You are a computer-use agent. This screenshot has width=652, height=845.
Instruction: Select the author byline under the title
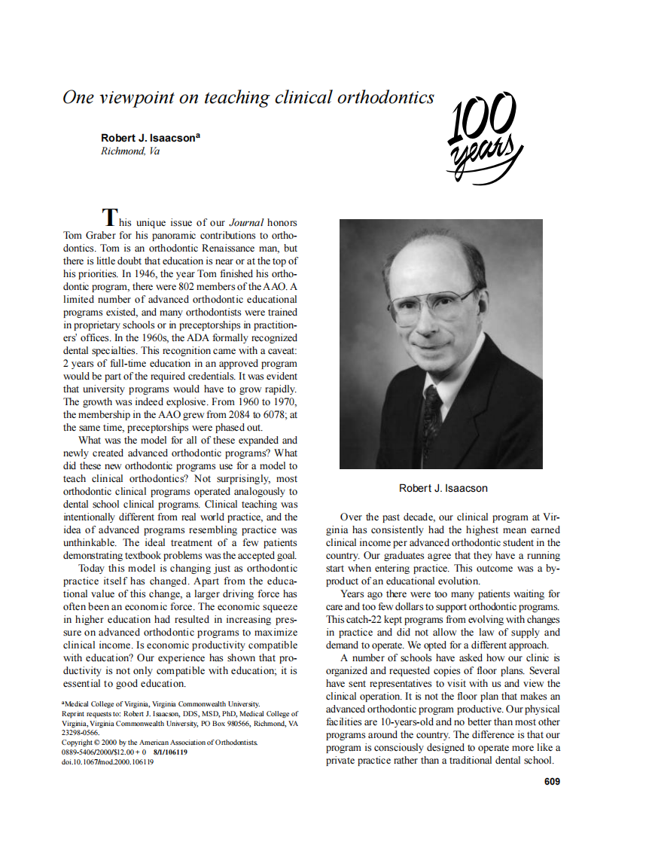pyautogui.click(x=150, y=138)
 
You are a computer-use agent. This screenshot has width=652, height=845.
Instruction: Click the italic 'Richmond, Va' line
pyautogui.click(x=129, y=151)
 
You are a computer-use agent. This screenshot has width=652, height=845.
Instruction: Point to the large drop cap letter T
pyautogui.click(x=110, y=218)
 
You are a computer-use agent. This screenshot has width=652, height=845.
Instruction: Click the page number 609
pyautogui.click(x=551, y=782)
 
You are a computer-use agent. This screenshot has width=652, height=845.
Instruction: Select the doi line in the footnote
pyautogui.click(x=107, y=761)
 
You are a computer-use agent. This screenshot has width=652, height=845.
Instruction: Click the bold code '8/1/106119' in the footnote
pyautogui.click(x=170, y=752)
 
